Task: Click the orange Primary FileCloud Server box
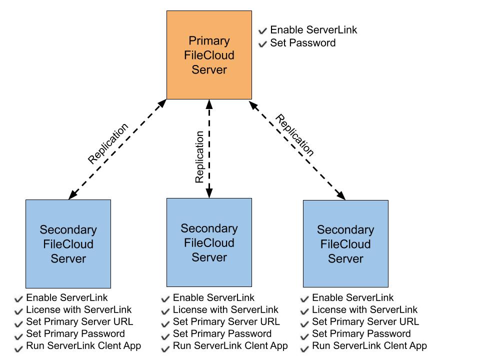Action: (x=209, y=55)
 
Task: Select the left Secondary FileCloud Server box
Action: (x=68, y=244)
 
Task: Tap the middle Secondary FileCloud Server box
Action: (x=209, y=242)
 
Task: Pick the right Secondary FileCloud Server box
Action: (x=345, y=244)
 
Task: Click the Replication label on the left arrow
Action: (x=108, y=143)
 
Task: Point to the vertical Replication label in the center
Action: (x=199, y=157)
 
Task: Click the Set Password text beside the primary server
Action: (x=302, y=43)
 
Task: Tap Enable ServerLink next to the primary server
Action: (x=313, y=30)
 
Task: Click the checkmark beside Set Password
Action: (x=263, y=44)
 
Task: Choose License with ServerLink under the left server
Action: (x=79, y=310)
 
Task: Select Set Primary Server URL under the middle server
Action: (x=226, y=322)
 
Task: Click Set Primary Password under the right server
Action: (x=361, y=333)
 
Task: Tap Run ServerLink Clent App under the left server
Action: (x=83, y=345)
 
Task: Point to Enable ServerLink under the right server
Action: (x=352, y=298)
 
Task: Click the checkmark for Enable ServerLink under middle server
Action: (x=166, y=299)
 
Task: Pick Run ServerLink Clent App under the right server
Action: (x=369, y=345)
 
